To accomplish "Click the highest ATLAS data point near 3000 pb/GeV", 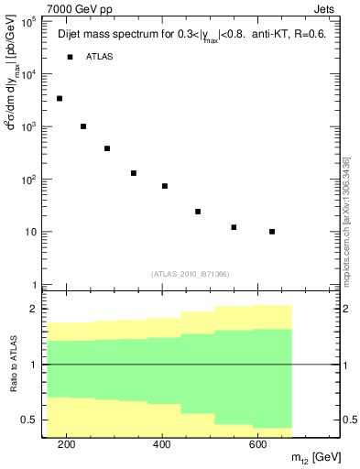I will click(60, 98).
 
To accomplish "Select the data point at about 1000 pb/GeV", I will click(83, 126).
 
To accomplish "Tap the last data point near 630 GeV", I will click(272, 232).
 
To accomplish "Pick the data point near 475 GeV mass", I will click(198, 212).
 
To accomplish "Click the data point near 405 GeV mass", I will click(165, 186).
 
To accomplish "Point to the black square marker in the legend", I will click(70, 57).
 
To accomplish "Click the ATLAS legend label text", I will click(101, 57).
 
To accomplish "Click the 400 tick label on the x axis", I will click(161, 444).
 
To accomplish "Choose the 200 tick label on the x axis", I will click(66, 444).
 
